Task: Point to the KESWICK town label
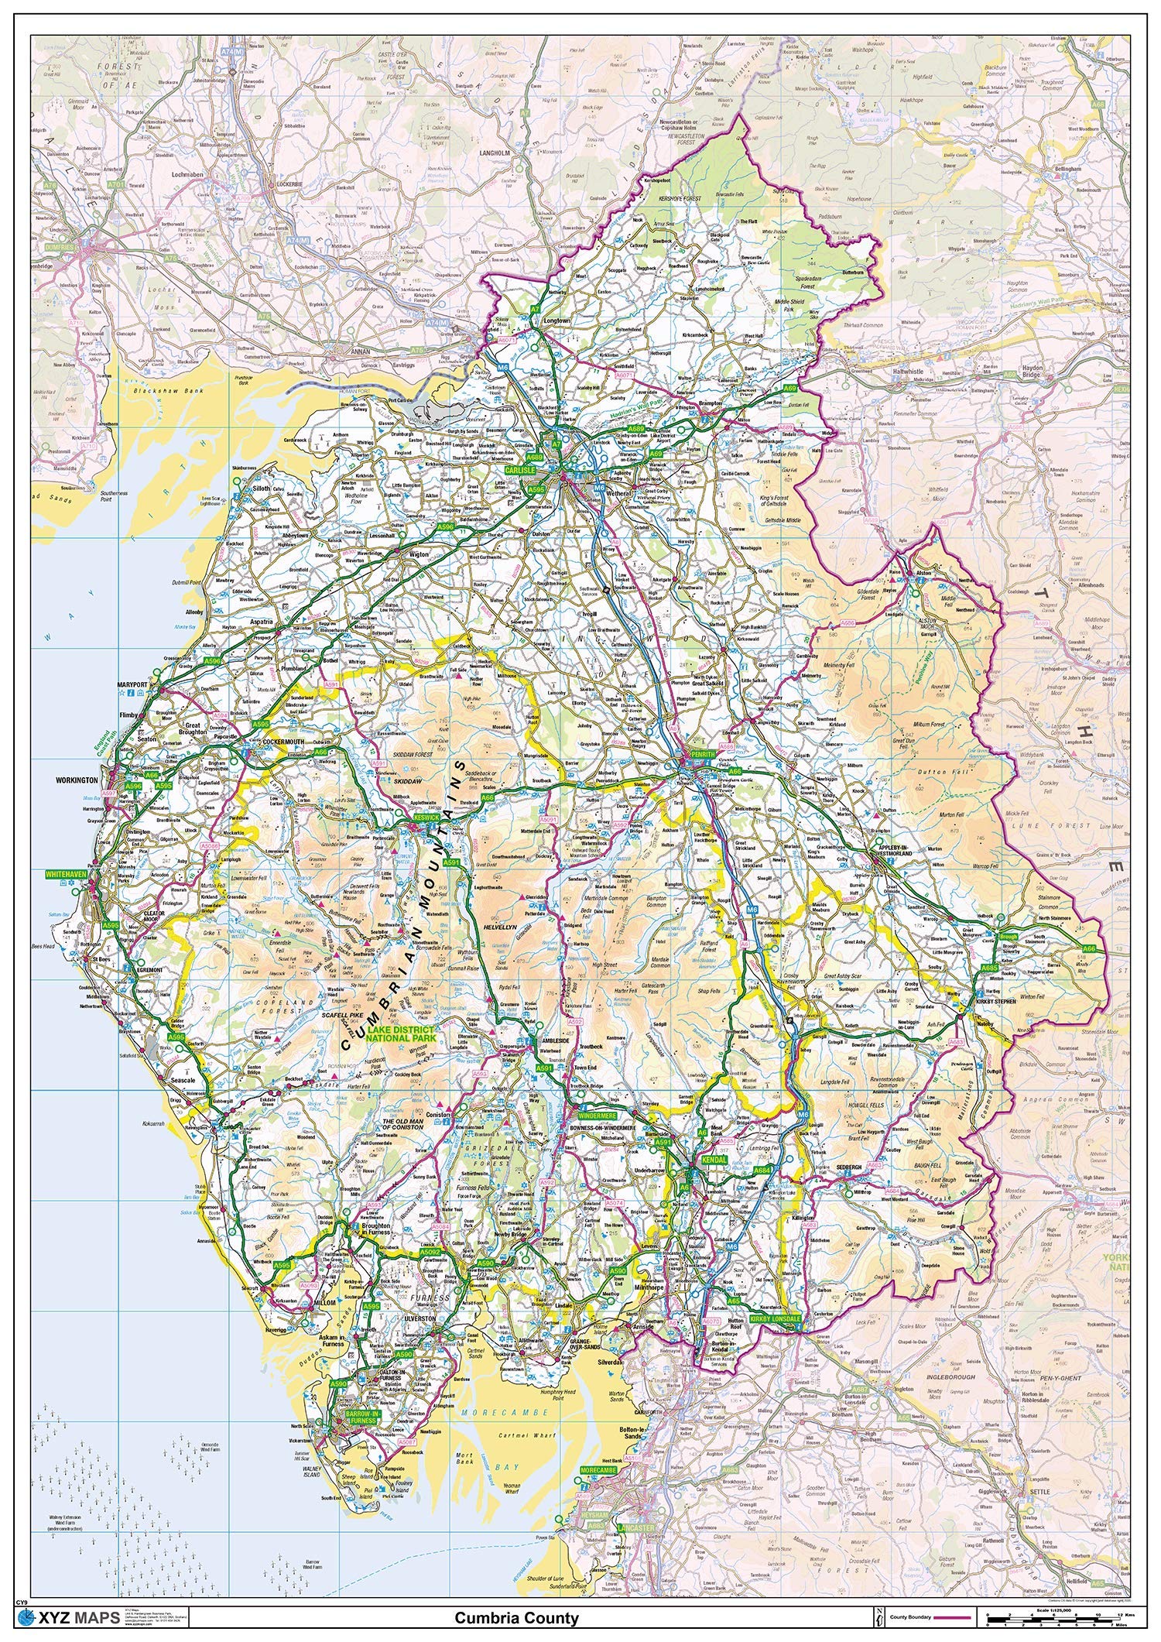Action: (x=426, y=817)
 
